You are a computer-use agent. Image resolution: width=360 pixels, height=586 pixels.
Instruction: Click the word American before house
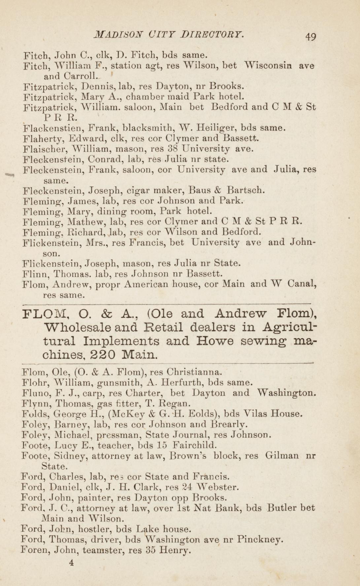tap(147, 284)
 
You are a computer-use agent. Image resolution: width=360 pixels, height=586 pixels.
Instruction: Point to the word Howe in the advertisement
tap(210, 341)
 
